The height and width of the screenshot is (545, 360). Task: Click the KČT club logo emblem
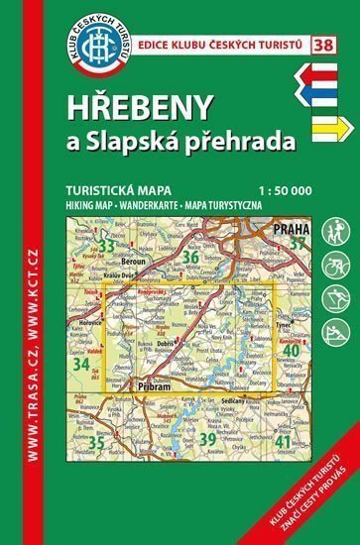[100, 49]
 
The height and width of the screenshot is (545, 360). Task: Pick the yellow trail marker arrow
[323, 126]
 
